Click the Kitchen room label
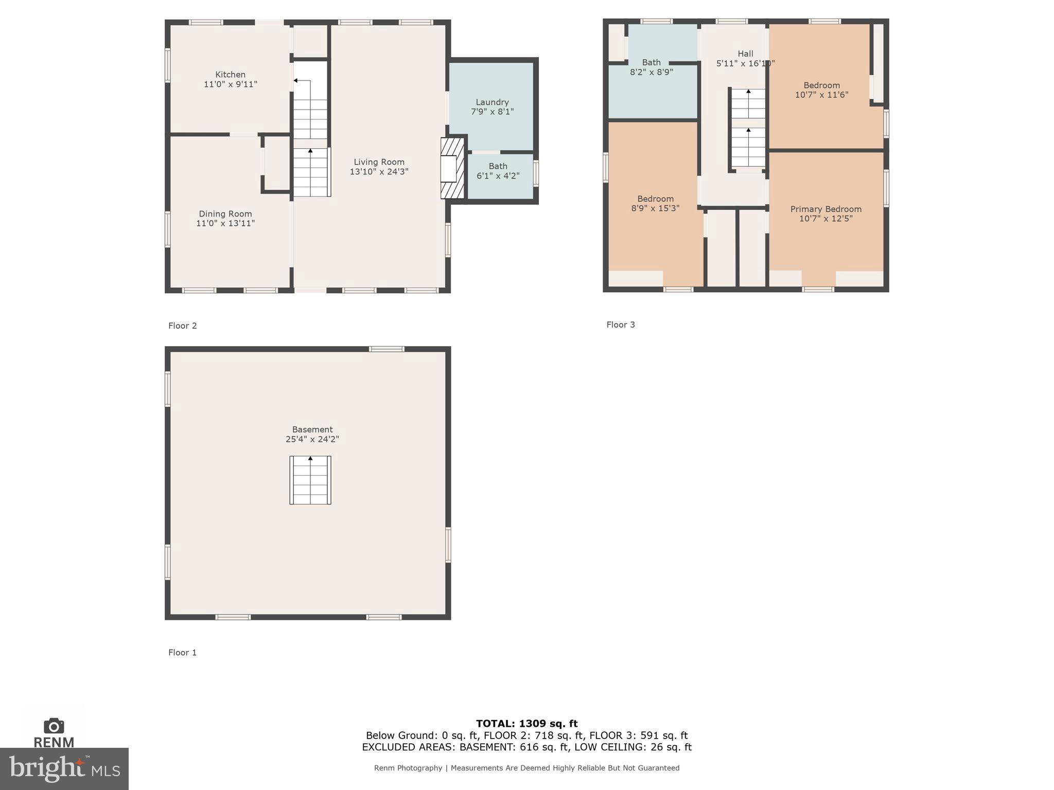[230, 75]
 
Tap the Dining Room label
[225, 214]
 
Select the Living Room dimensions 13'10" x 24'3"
[379, 172]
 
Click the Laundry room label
[492, 102]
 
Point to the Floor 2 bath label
[498, 166]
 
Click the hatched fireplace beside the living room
[452, 168]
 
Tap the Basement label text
[312, 429]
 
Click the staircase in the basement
[310, 480]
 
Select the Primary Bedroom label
[825, 209]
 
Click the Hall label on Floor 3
[745, 53]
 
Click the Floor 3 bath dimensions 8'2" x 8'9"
[651, 72]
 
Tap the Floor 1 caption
[182, 652]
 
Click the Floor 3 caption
[620, 325]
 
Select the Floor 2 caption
[182, 326]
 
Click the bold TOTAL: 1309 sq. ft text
[526, 724]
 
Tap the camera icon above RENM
[54, 726]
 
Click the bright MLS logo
[64, 768]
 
